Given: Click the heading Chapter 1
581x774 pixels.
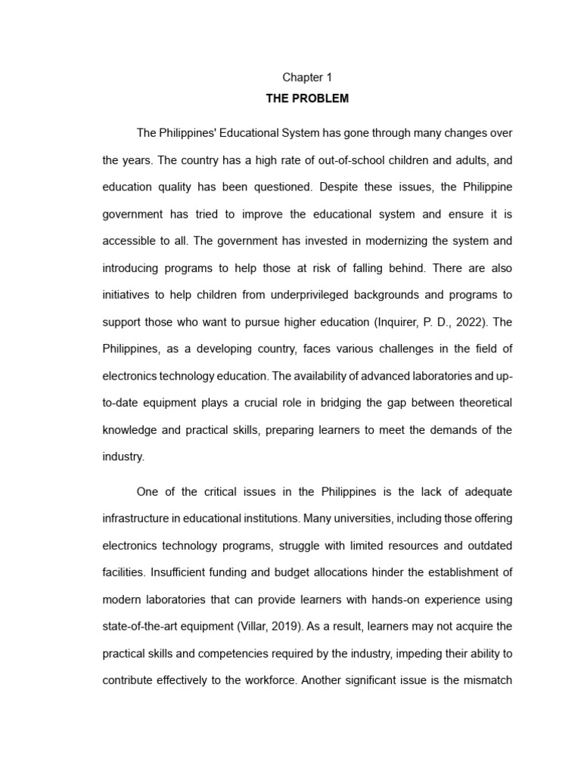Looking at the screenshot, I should coord(307,77).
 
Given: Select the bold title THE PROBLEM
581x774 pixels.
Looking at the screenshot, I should coord(307,99).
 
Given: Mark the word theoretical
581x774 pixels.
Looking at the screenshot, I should coord(481,403).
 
